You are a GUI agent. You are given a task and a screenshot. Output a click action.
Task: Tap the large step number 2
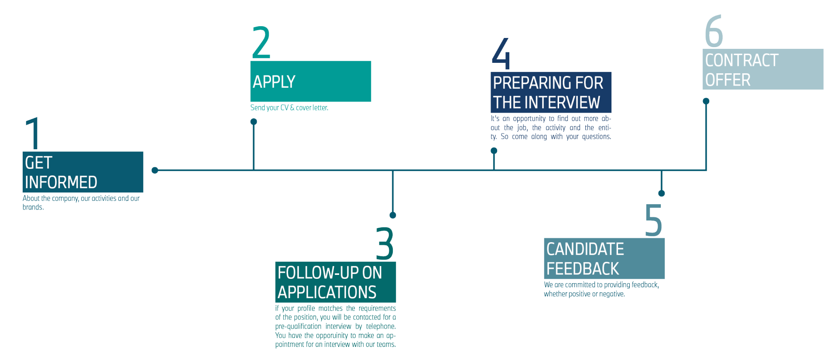(261, 43)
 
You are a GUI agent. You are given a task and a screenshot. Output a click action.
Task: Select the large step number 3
(385, 243)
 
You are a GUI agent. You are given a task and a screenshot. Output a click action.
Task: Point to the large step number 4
(501, 53)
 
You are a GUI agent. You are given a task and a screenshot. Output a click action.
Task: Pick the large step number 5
(653, 220)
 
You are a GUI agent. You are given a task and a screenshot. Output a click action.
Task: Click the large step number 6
(714, 31)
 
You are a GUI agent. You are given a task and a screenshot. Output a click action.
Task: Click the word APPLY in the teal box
(274, 82)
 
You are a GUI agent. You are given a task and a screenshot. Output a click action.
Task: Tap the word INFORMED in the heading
(61, 182)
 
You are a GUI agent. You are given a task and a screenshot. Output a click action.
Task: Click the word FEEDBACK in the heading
(583, 269)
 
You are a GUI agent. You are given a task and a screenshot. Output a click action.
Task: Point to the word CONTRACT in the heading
(742, 60)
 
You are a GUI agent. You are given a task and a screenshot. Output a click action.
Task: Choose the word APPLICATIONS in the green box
(327, 292)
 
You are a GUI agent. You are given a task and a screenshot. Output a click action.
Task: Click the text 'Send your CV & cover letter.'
(289, 108)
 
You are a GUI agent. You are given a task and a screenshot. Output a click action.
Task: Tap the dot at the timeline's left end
(155, 170)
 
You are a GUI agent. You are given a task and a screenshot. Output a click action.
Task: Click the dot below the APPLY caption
(254, 121)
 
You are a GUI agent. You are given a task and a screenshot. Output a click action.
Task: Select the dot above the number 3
(393, 215)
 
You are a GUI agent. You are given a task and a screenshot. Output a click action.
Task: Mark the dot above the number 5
(662, 193)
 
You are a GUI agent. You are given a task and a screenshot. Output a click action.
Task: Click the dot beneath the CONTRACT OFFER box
(706, 101)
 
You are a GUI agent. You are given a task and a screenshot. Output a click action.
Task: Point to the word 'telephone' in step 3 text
(380, 326)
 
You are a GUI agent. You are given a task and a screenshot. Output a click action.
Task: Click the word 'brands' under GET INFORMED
(33, 207)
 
